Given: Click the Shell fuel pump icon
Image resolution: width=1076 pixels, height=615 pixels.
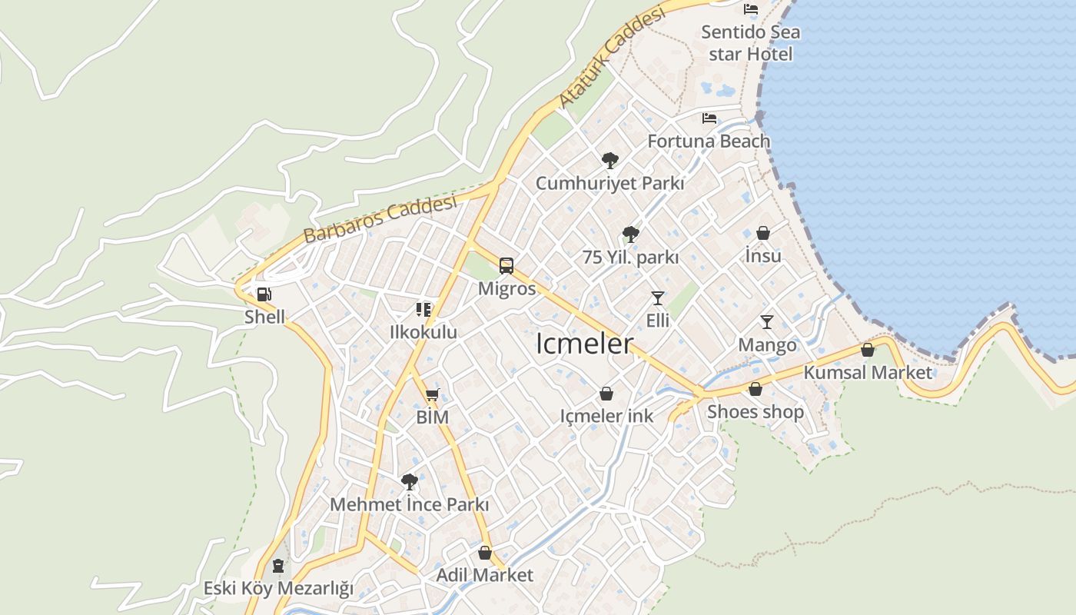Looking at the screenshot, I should click(264, 294).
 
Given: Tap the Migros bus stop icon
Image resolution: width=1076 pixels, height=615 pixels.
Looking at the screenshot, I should click(506, 266).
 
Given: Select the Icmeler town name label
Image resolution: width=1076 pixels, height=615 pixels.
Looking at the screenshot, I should click(584, 344).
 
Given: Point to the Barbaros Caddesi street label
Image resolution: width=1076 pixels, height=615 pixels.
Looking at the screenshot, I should click(380, 219).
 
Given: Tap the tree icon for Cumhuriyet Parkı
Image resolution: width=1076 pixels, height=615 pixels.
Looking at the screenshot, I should click(609, 161).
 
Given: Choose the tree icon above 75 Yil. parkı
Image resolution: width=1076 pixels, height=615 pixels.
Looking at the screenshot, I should click(630, 234).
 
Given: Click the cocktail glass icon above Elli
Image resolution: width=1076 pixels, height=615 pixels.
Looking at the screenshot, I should click(657, 298).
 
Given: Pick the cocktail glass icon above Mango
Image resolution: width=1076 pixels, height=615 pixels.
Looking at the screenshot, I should click(767, 321).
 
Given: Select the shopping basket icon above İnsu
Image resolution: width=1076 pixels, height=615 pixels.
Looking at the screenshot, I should click(763, 232).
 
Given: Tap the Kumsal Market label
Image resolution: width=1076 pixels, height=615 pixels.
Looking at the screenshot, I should click(868, 373).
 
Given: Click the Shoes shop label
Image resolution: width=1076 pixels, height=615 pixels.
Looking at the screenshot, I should click(756, 411).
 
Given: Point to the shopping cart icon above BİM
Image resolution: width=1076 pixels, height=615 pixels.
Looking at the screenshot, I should click(432, 395).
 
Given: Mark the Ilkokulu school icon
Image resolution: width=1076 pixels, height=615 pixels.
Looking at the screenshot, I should click(423, 309).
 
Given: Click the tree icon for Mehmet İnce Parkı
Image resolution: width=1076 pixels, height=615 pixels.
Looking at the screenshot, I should click(410, 482).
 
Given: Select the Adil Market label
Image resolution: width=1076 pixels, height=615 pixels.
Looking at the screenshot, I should click(484, 575).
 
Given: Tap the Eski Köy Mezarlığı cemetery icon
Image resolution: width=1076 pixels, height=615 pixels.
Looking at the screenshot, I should click(278, 566).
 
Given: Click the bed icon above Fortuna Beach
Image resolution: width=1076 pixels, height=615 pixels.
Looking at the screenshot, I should click(709, 118).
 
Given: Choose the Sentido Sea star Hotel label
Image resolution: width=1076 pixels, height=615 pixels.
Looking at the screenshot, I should click(751, 43).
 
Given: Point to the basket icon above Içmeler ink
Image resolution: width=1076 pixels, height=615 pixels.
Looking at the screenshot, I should click(606, 394).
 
